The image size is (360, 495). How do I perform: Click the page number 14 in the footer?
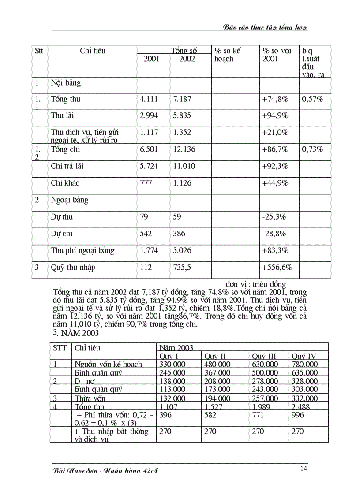click(x=304, y=469)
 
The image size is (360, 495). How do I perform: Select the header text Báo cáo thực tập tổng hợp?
click(x=266, y=27)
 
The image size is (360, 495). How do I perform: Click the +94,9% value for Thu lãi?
click(x=275, y=116)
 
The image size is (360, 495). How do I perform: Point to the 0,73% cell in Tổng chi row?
click(x=312, y=149)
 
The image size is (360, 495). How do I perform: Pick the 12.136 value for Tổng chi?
click(x=184, y=149)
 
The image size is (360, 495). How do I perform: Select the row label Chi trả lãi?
click(x=67, y=166)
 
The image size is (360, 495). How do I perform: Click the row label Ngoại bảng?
click(x=70, y=200)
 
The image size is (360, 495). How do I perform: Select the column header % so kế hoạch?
click(x=228, y=55)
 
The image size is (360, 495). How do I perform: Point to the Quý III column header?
click(x=264, y=356)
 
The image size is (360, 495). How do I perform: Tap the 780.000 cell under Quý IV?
click(x=304, y=364)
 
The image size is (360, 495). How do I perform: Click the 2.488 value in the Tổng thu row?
click(x=301, y=407)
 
